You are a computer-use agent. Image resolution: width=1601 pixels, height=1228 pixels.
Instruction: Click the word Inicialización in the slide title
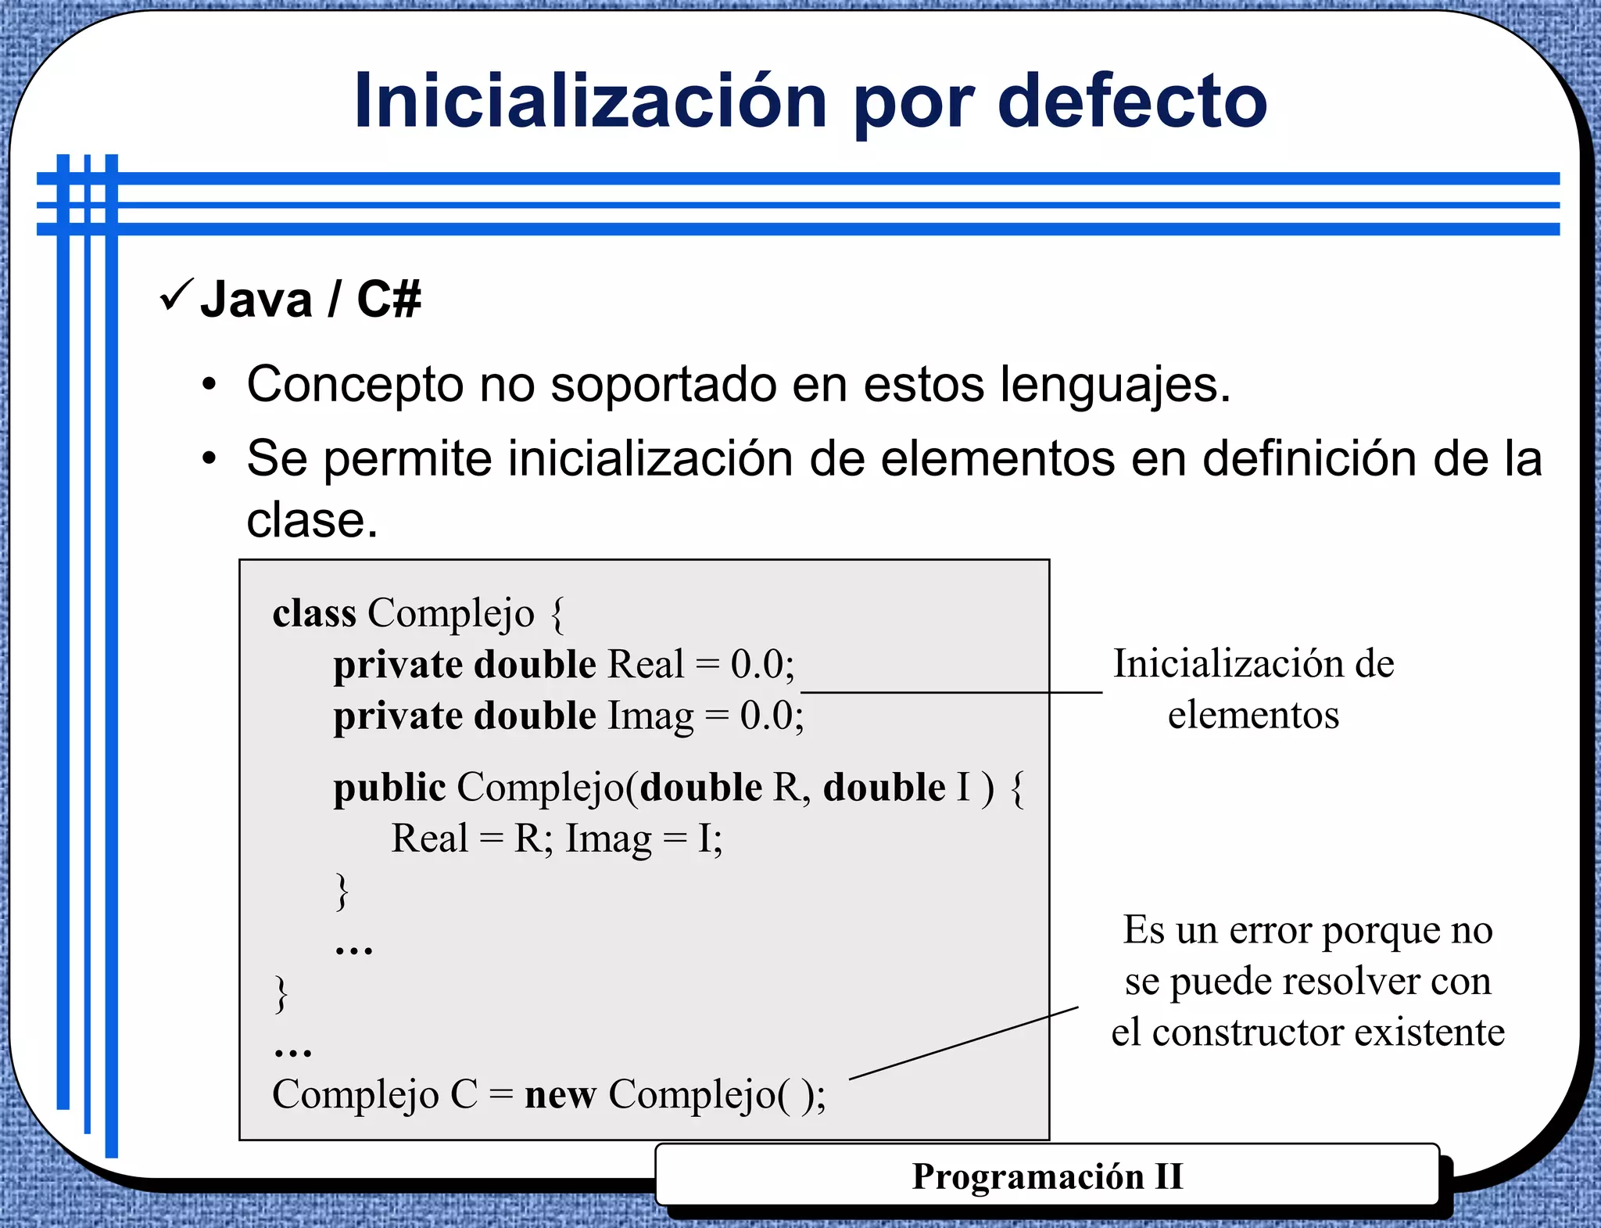click(x=590, y=102)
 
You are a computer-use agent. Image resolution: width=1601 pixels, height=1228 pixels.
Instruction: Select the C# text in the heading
click(x=389, y=300)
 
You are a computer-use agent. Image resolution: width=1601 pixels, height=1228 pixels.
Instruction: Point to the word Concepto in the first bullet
click(x=356, y=385)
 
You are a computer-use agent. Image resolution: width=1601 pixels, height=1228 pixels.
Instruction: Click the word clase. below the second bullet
click(x=312, y=520)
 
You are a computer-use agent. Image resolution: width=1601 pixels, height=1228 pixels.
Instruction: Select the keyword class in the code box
click(x=314, y=612)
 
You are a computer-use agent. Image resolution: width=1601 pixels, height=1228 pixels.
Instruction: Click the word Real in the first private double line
click(x=646, y=664)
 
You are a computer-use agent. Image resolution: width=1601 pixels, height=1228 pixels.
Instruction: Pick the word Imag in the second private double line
click(x=650, y=716)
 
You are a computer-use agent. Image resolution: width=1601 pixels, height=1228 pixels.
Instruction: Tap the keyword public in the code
click(x=389, y=787)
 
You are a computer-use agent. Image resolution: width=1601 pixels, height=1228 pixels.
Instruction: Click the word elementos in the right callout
click(x=1253, y=715)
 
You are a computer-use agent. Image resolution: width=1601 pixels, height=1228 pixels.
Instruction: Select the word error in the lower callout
click(x=1273, y=930)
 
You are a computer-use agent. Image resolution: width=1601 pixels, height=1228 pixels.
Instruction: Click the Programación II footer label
click(x=1047, y=1176)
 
